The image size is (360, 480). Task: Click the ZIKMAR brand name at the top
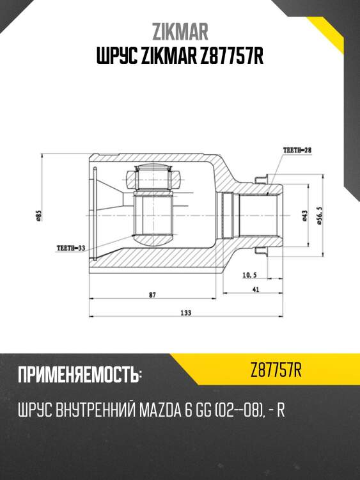180,31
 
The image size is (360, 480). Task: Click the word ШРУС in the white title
116,58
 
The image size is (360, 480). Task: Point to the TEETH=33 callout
71,247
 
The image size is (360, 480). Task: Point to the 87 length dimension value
152,295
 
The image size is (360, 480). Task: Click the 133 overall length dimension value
186,312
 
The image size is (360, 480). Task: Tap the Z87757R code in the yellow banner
276,370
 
